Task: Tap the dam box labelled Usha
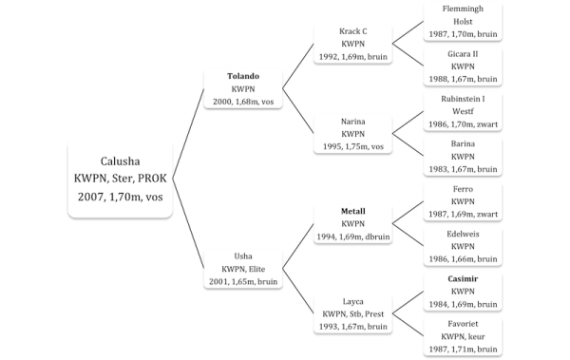point(243,268)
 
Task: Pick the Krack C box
point(353,44)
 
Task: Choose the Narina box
point(353,134)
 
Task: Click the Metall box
point(353,223)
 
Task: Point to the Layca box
point(353,313)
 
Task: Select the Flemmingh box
point(463,21)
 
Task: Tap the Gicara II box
point(463,66)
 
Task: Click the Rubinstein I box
point(463,110)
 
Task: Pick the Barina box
point(463,156)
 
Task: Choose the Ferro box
point(463,200)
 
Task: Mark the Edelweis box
point(463,245)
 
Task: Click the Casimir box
point(463,291)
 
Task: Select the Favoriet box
point(463,335)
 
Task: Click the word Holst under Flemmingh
point(463,21)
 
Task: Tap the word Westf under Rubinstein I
point(463,110)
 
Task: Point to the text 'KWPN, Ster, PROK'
point(121,178)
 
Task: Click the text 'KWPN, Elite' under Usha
point(243,268)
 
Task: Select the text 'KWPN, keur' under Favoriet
point(463,336)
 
